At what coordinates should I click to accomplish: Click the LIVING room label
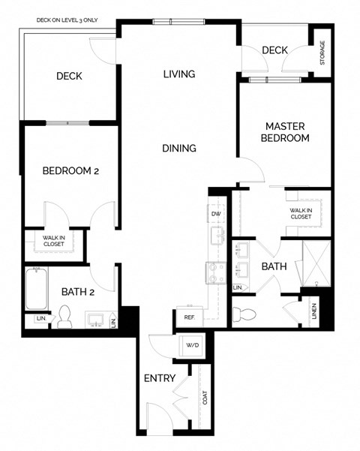(x=179, y=74)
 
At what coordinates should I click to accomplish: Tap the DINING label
(x=179, y=148)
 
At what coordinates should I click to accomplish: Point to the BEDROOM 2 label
(x=70, y=171)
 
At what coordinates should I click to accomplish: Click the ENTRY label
(x=159, y=378)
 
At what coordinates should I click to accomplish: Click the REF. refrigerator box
(x=189, y=317)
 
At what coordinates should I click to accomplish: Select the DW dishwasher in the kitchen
(x=216, y=214)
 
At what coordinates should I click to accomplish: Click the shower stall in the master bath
(x=313, y=264)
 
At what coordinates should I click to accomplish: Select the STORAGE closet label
(x=322, y=53)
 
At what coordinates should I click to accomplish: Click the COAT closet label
(x=204, y=398)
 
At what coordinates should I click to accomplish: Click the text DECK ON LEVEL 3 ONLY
(x=67, y=20)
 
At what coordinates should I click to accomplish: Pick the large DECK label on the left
(x=69, y=76)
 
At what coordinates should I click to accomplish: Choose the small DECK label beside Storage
(x=274, y=50)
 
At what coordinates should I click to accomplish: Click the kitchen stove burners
(x=216, y=273)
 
